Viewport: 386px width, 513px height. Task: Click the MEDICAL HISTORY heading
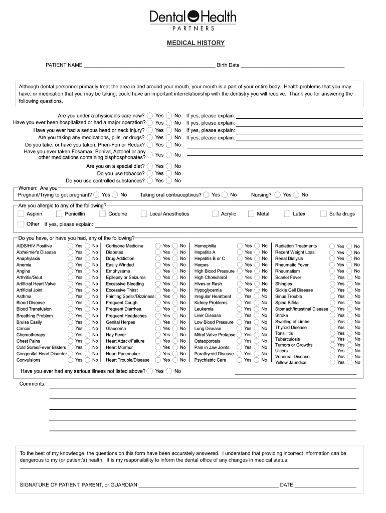pos(196,43)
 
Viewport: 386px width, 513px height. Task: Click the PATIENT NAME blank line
pos(149,65)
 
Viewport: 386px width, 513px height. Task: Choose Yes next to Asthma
pos(70,297)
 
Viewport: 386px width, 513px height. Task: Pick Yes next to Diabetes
pos(158,252)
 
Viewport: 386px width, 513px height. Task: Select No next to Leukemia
pos(257,309)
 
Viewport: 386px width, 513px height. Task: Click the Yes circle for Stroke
pos(332,315)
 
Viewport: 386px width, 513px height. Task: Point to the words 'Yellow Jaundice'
pos(291,362)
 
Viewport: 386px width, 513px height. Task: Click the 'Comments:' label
pos(33,384)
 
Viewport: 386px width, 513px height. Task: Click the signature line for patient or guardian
pos(208,485)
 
